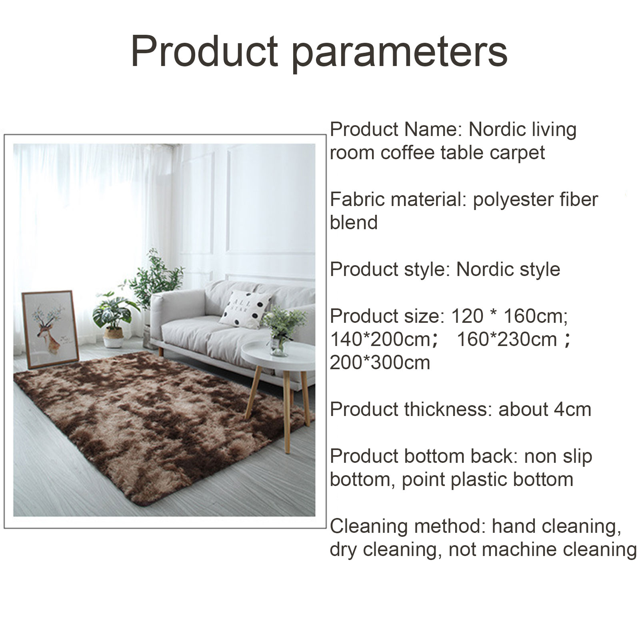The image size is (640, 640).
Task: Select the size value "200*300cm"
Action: (x=380, y=363)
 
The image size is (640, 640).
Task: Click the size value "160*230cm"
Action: (x=507, y=340)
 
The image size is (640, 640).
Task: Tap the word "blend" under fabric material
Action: (x=354, y=223)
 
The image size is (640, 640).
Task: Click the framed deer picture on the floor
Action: (x=50, y=329)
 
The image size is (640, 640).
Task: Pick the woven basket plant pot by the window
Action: (x=113, y=337)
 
